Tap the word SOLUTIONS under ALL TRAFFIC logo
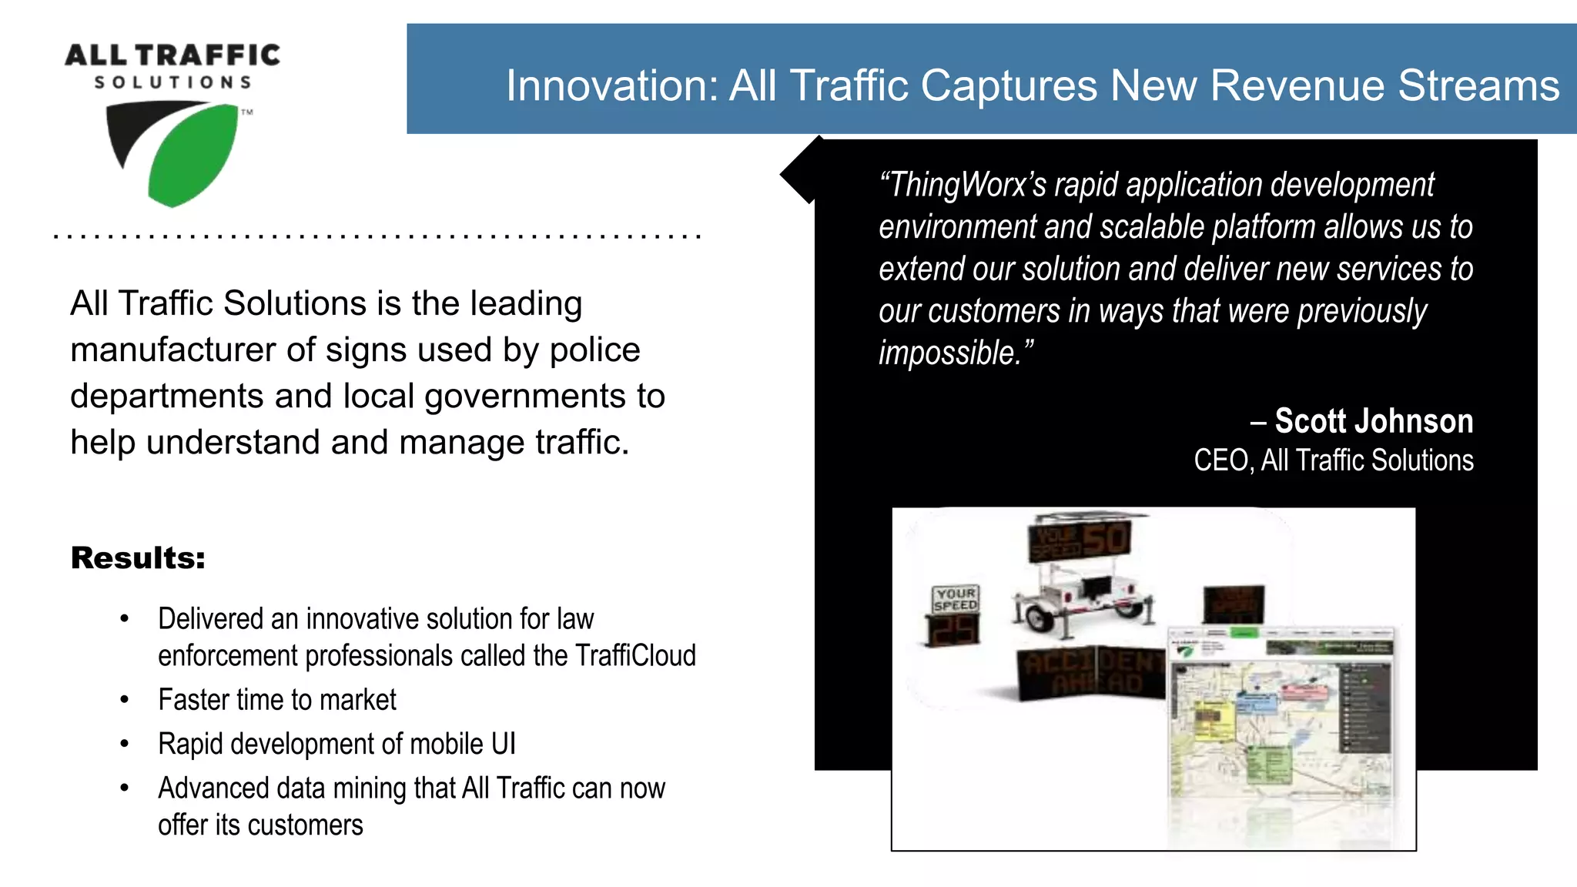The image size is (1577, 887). (x=173, y=82)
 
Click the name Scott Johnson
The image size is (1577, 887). (x=1373, y=421)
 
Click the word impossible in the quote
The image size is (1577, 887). (x=949, y=353)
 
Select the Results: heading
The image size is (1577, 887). (x=139, y=558)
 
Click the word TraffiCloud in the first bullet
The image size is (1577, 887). (x=635, y=656)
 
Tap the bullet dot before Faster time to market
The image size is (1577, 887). (x=125, y=700)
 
